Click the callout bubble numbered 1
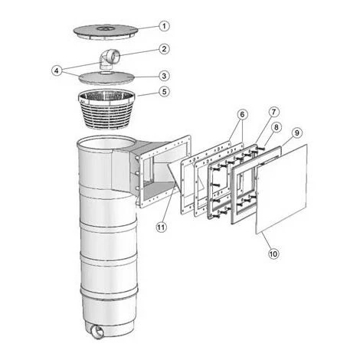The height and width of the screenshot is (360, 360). [x=164, y=26]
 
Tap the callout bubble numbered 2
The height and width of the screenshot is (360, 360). [x=164, y=49]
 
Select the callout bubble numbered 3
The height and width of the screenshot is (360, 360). [x=164, y=76]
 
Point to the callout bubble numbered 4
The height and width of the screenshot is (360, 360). [x=57, y=70]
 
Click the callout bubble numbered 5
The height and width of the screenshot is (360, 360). [x=164, y=91]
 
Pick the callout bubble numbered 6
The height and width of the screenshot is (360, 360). [x=242, y=115]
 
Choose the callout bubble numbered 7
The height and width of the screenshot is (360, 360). [x=273, y=112]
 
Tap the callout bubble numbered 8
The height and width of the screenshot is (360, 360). [x=277, y=127]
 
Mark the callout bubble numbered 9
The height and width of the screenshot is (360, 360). [x=296, y=133]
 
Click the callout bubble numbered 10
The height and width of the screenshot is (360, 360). [x=273, y=254]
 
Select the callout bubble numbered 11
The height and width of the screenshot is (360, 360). [x=161, y=227]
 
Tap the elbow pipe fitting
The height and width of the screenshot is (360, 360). [x=110, y=59]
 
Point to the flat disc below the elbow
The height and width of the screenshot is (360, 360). [x=106, y=77]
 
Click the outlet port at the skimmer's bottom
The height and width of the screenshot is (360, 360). [x=97, y=332]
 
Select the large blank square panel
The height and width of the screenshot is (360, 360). [x=282, y=188]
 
